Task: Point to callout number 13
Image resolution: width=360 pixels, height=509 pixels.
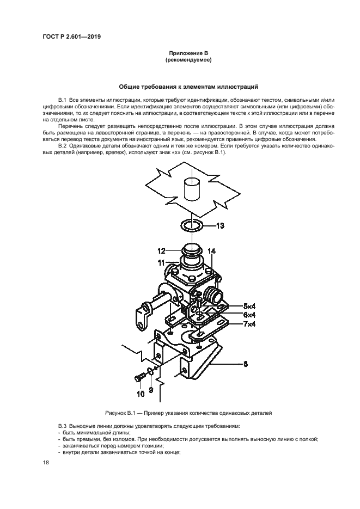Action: click(219, 225)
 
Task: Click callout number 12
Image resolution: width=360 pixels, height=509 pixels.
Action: click(161, 251)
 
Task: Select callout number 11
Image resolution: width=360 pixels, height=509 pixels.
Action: click(161, 262)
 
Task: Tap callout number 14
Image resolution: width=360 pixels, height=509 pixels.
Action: click(211, 251)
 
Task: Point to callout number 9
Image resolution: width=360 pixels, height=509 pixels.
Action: click(151, 390)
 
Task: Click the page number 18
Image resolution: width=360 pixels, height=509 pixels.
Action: click(46, 462)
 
